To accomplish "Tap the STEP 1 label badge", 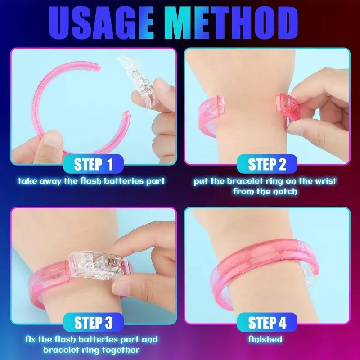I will pos(94,165).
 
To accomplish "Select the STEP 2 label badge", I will pos(267,165).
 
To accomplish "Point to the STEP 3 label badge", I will pos(94,322).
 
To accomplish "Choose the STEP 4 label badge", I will pos(267,322).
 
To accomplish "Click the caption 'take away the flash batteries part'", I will pos(92,181).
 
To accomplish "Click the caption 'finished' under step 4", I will pos(267,339).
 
